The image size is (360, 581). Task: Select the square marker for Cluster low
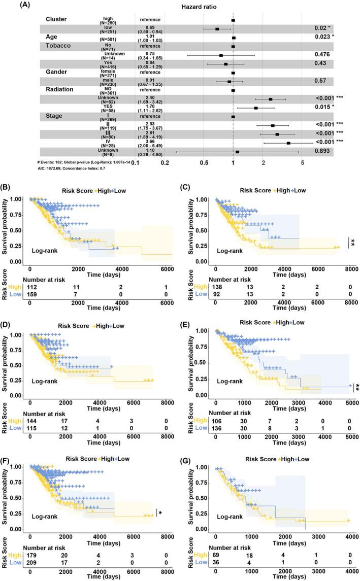point(217,29)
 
